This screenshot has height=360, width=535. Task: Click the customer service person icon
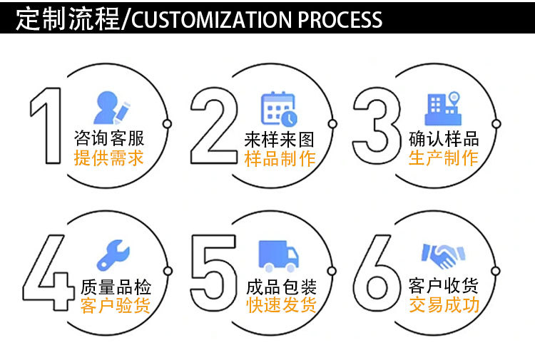click(x=113, y=108)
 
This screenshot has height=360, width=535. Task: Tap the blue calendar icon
click(x=279, y=108)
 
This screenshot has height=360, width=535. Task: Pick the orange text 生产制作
click(x=443, y=158)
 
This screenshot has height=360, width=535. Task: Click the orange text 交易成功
click(x=444, y=306)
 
